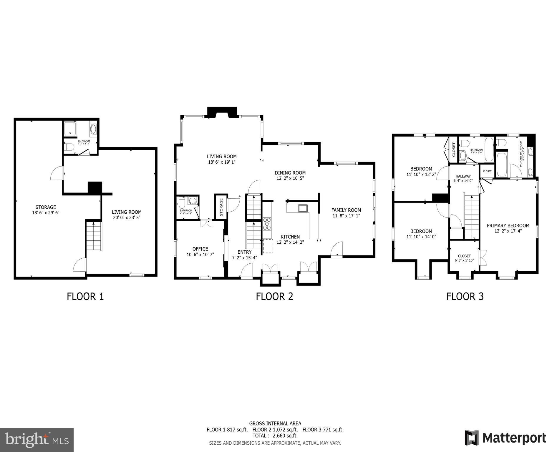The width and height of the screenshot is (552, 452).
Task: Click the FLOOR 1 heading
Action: click(85, 296)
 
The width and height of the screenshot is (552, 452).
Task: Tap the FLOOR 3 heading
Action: click(465, 296)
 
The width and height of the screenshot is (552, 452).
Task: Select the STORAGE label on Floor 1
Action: click(46, 207)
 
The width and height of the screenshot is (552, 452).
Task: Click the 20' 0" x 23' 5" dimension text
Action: click(127, 217)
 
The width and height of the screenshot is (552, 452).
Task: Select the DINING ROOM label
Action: click(290, 173)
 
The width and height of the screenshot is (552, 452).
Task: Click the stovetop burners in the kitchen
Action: click(267, 224)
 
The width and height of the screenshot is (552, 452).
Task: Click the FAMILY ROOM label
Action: click(346, 210)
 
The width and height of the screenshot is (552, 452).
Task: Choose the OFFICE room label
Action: click(200, 249)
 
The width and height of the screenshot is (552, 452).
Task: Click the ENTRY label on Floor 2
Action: click(244, 252)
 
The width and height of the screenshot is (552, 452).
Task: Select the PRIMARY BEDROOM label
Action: click(508, 226)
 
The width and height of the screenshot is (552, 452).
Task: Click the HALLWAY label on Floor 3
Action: click(463, 176)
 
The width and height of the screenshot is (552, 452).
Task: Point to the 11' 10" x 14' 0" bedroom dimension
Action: click(421, 237)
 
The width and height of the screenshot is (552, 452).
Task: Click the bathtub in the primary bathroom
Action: click(502, 164)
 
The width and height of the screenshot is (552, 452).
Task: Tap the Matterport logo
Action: click(505, 438)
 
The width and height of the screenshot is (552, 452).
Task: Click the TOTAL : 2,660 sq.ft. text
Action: click(275, 436)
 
